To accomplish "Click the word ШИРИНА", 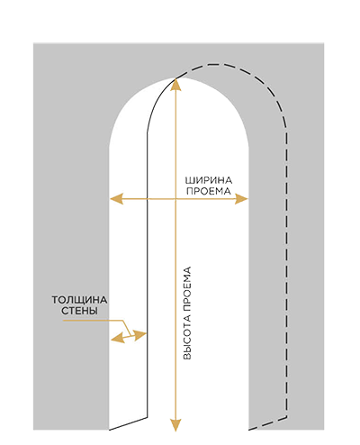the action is point(209,180).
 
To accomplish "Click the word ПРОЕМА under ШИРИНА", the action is point(209,191).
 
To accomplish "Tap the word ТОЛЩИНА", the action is point(79,300).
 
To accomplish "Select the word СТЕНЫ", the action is point(79,311).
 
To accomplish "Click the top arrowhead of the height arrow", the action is point(175,85).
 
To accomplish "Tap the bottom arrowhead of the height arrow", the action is point(175,425).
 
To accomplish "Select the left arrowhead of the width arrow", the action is point(116,199).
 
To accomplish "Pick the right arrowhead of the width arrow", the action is point(241,199).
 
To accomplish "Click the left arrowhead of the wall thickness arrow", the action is point(118,338).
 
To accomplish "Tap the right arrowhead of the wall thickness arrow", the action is point(139,334).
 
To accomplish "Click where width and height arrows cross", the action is point(175,199).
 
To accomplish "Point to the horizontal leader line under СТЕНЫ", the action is point(93,321).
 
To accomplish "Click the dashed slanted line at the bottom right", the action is point(268,423).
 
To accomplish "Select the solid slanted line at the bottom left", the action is point(128,423).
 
